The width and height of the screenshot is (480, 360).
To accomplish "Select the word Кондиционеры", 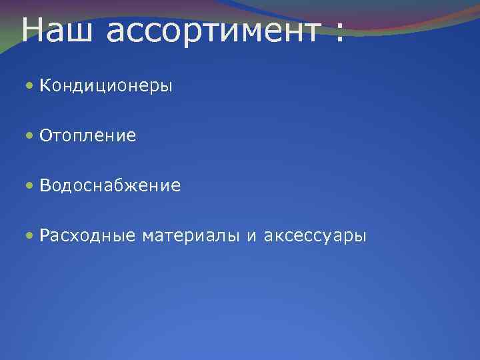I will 106,87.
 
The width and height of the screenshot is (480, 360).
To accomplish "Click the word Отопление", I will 87,137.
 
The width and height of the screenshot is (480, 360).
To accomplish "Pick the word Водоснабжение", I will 110,186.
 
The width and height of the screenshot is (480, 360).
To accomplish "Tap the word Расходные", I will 87,236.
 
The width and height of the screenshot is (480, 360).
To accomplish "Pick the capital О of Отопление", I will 45,136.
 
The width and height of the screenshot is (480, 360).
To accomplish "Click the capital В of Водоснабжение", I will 44,185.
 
